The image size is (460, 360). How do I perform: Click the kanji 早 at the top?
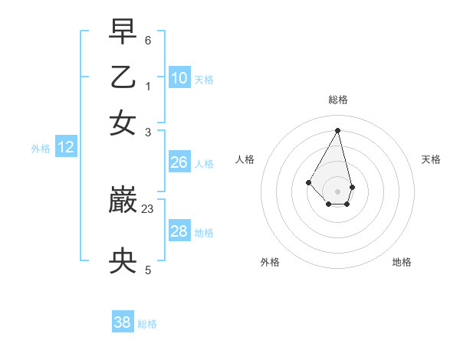123,34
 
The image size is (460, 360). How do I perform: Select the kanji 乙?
123,78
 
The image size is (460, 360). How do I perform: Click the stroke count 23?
149,208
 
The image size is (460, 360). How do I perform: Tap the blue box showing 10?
179,77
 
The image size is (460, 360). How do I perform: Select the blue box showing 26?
179,162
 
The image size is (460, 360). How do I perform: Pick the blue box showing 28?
179,231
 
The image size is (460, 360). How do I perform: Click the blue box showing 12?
66,147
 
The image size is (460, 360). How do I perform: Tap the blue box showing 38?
123,322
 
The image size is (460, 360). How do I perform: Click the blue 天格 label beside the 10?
204,79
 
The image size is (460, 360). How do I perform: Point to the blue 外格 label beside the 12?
41,149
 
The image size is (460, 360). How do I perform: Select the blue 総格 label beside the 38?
147,324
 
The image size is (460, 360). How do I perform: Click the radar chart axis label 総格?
338,100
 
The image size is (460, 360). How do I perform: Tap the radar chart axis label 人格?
245,159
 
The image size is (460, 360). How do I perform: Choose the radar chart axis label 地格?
402,262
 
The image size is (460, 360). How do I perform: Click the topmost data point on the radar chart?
338,129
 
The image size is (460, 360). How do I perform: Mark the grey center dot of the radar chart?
338,191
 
